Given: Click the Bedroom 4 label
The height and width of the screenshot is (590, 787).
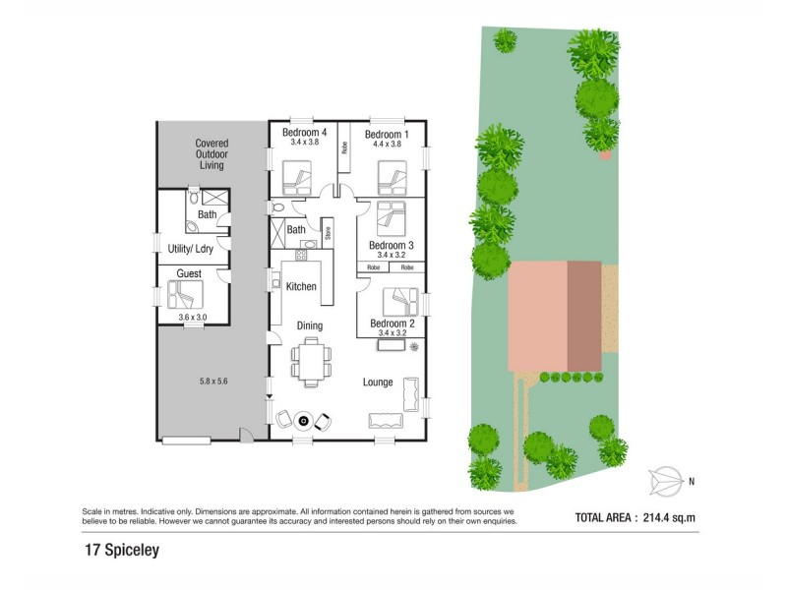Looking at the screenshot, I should tap(304, 133).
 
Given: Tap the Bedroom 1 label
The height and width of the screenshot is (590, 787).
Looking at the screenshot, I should tap(387, 133).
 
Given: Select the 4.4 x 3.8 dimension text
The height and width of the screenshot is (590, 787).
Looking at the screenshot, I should tap(387, 144).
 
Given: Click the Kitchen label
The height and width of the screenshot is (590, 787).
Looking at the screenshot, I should tap(301, 287).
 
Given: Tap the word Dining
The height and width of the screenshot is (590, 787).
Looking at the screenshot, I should tap(310, 325).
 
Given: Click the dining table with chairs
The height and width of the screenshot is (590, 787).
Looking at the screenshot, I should tap(310, 361).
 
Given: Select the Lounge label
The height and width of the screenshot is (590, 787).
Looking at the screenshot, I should tap(378, 383).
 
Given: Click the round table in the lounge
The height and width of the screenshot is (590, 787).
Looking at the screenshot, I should tap(304, 421).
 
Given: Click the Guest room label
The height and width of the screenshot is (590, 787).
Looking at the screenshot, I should tap(189, 273).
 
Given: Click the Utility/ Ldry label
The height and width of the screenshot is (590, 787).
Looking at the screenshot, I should tap(191, 249).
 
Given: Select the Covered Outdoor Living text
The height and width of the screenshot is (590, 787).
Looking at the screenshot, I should tap(211, 154).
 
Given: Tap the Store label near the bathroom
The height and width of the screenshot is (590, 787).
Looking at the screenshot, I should tap(328, 234).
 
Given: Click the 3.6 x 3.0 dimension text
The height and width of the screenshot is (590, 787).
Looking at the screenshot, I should tap(193, 317).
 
